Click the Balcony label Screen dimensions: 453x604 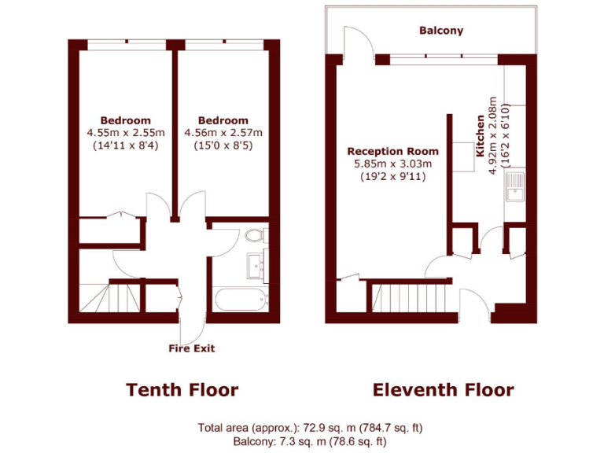pyautogui.click(x=441, y=31)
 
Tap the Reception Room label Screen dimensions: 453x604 pyautogui.click(x=393, y=151)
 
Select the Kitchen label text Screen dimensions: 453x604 pyautogui.click(x=481, y=138)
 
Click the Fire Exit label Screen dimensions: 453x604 pyautogui.click(x=191, y=348)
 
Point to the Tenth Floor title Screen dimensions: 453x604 pyautogui.click(x=182, y=390)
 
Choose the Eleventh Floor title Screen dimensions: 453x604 pyautogui.click(x=443, y=390)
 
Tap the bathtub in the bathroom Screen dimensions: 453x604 pyautogui.click(x=241, y=300)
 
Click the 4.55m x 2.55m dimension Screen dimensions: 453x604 pyautogui.click(x=126, y=133)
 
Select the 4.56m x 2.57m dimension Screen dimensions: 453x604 pyautogui.click(x=223, y=133)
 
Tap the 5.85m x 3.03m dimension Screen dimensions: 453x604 pyautogui.click(x=393, y=164)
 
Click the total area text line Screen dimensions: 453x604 pyautogui.click(x=310, y=428)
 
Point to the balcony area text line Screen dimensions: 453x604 pyautogui.click(x=310, y=441)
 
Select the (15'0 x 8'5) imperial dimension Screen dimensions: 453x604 pyautogui.click(x=223, y=145)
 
